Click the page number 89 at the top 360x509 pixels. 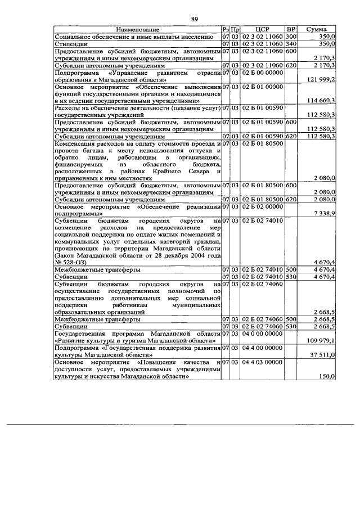pyautogui.click(x=195, y=19)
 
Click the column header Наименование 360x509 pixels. pyautogui.click(x=137, y=29)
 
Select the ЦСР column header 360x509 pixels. pyautogui.click(x=263, y=29)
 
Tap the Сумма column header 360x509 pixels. pyautogui.click(x=318, y=29)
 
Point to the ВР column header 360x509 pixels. pyautogui.click(x=291, y=29)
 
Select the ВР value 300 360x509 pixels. pyautogui.click(x=291, y=36)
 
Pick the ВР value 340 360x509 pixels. pyautogui.click(x=291, y=43)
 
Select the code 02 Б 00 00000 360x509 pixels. pyautogui.click(x=263, y=73)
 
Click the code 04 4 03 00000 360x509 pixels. pyautogui.click(x=263, y=362)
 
